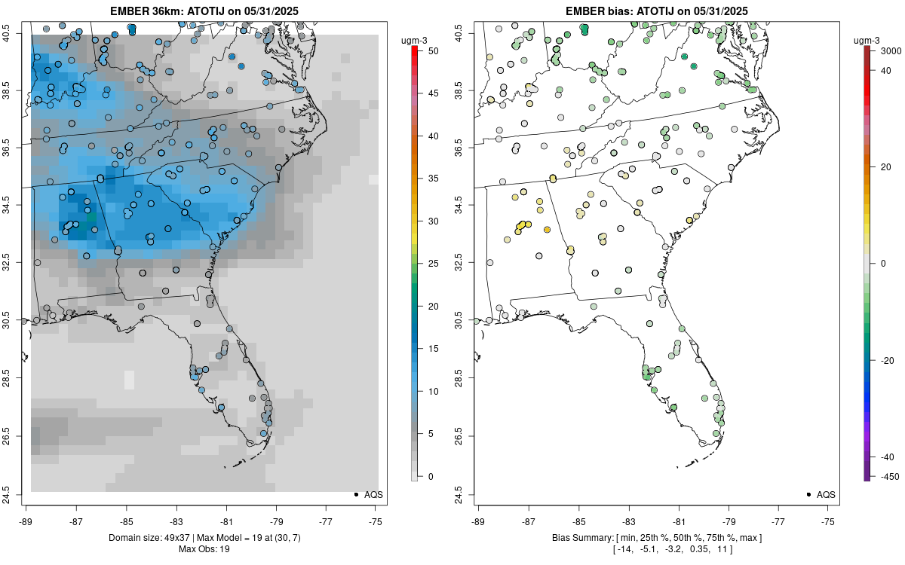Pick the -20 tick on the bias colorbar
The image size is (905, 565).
click(x=887, y=360)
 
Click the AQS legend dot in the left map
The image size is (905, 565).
click(x=355, y=494)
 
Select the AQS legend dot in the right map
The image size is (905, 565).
click(x=808, y=494)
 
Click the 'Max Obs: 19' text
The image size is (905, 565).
click(x=204, y=549)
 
